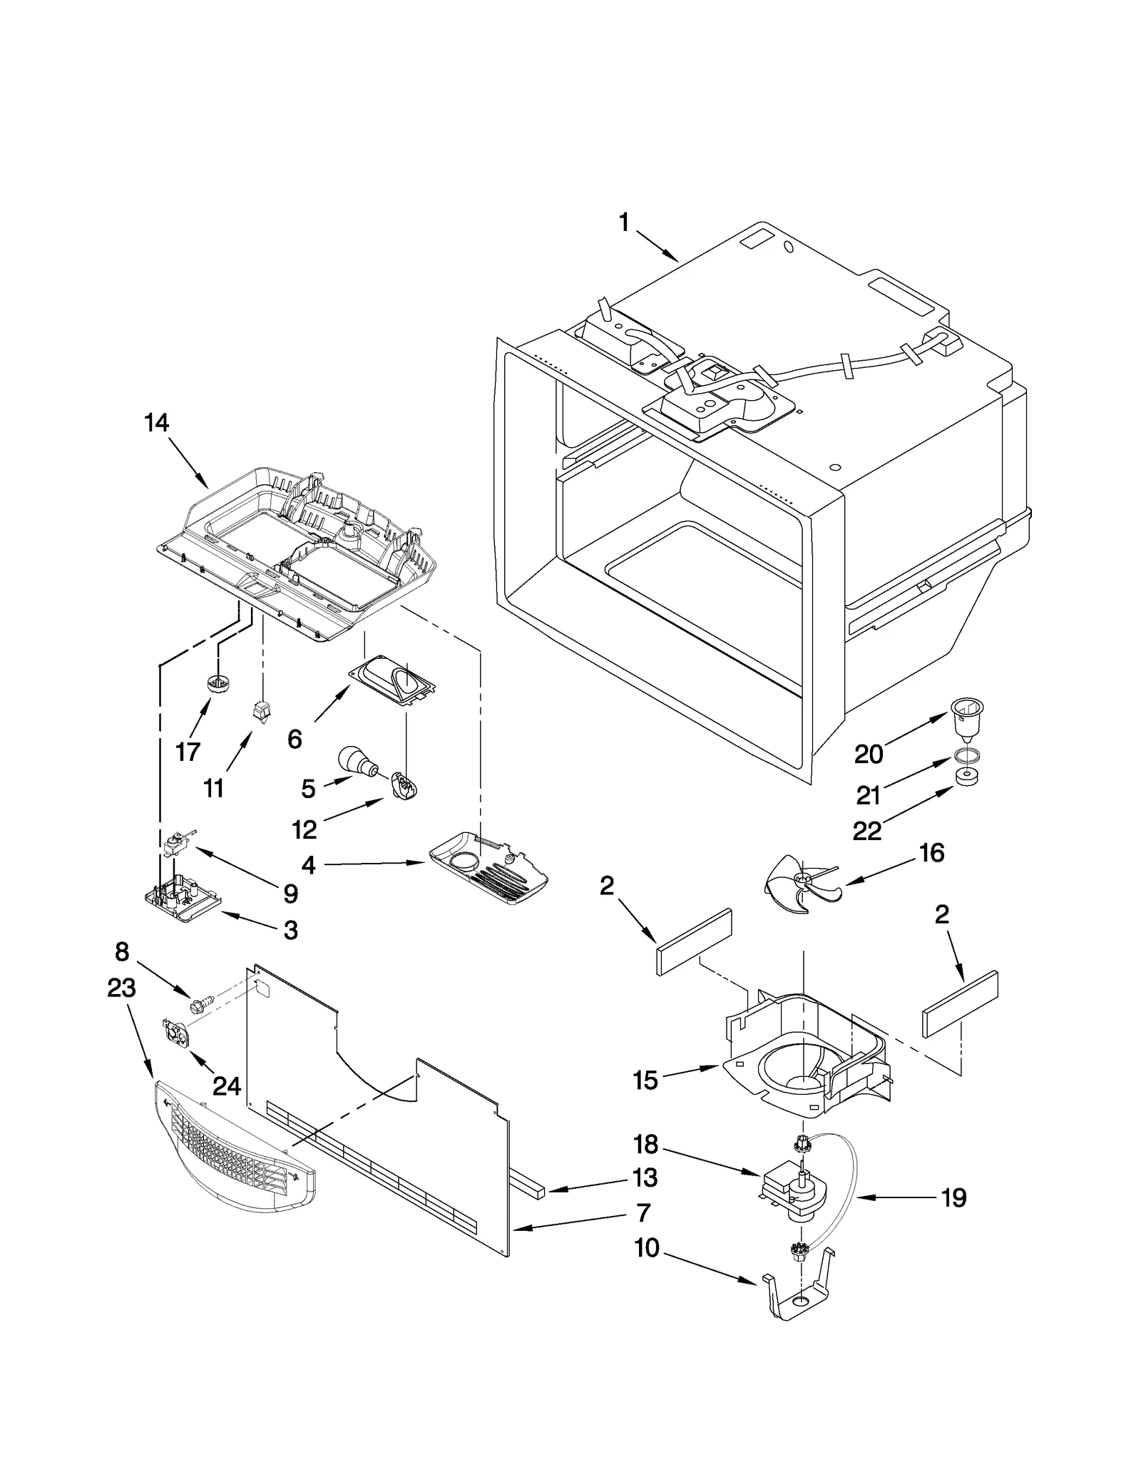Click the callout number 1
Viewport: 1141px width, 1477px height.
[624, 223]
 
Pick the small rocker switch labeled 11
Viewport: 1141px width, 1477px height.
[262, 712]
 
